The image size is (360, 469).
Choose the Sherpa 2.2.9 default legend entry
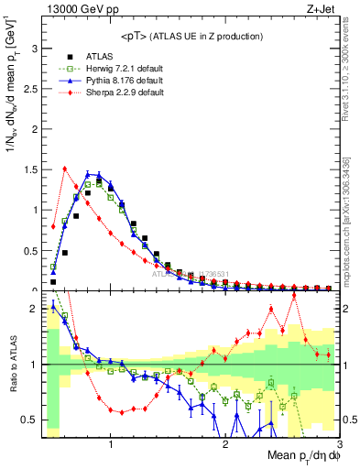[112, 93]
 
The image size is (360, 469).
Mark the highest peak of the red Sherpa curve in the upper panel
[65, 169]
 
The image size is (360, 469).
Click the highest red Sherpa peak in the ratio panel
[294, 295]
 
